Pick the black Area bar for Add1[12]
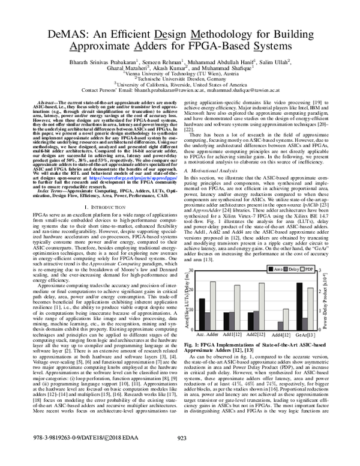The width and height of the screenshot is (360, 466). [226, 321]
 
